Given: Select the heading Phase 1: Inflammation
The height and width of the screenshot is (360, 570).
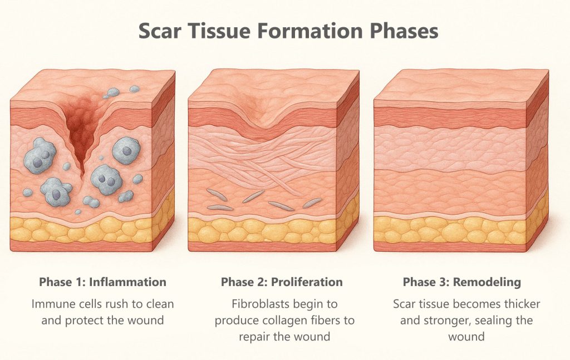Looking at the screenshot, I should [102, 282].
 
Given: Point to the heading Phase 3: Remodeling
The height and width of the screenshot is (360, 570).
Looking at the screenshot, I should [462, 282].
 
